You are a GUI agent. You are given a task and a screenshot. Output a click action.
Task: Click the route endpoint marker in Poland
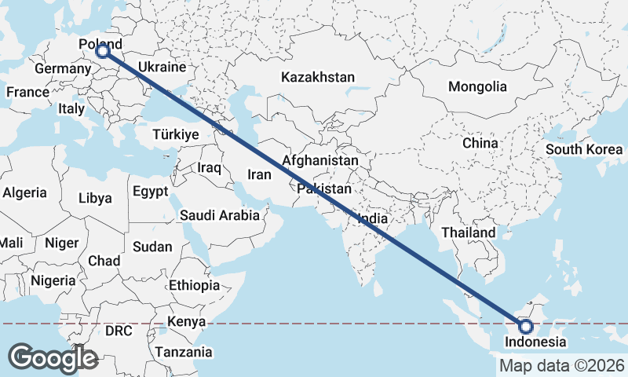[x=102, y=52]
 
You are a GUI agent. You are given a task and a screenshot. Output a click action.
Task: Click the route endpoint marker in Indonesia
[x=525, y=326]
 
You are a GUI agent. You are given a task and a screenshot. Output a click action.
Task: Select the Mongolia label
[x=477, y=86]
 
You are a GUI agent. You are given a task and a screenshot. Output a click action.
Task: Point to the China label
[x=480, y=144]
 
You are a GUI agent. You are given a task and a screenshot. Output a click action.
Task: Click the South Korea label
[x=584, y=150]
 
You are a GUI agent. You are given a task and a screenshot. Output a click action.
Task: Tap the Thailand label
[x=469, y=232]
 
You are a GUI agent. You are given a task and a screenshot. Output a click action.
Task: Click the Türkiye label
[x=177, y=134]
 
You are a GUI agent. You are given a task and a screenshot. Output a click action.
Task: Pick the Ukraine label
[x=161, y=67]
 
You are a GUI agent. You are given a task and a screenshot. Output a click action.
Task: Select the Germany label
[x=63, y=69]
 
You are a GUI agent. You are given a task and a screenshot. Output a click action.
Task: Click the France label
[x=27, y=92]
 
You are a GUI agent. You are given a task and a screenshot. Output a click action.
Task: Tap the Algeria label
[x=25, y=192]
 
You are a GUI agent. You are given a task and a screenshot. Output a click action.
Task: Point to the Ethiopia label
[x=194, y=285]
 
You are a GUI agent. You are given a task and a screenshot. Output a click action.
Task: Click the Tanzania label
[x=183, y=352]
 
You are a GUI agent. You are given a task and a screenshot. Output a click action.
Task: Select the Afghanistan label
[x=320, y=160]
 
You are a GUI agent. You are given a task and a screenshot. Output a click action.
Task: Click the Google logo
[x=53, y=358]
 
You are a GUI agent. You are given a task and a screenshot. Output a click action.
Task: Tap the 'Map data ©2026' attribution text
[x=562, y=366]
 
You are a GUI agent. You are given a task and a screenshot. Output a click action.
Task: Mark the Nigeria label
[x=53, y=280]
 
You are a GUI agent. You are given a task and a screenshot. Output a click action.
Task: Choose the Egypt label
[x=150, y=191]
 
